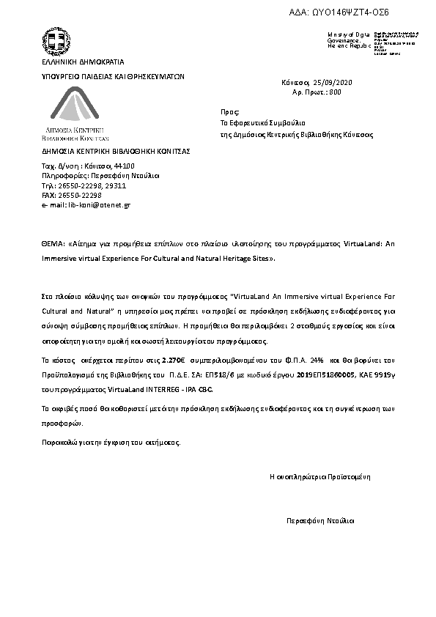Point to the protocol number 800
click(336, 92)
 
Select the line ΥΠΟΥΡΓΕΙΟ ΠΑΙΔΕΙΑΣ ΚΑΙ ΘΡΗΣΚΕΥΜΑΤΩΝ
click(112, 75)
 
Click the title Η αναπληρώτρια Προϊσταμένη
click(320, 477)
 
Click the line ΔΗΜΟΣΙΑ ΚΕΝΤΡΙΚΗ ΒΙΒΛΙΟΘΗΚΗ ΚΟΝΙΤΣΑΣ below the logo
click(116, 150)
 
